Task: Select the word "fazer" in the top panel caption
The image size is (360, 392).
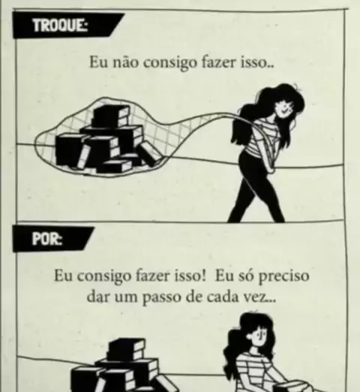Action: click(219, 62)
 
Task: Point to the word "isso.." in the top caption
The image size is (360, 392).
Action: click(257, 62)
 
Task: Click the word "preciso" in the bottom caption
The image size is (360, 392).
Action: click(283, 276)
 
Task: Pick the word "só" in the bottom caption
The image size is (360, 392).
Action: click(246, 276)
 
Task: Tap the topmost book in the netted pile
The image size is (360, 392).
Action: click(111, 116)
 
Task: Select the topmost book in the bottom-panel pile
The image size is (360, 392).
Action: click(126, 349)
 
